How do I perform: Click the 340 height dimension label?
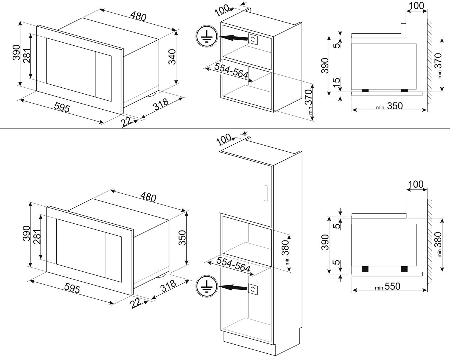[172, 57]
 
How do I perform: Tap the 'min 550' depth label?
[388, 287]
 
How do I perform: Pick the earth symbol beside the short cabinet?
[206, 37]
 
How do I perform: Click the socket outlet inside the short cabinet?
[253, 39]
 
